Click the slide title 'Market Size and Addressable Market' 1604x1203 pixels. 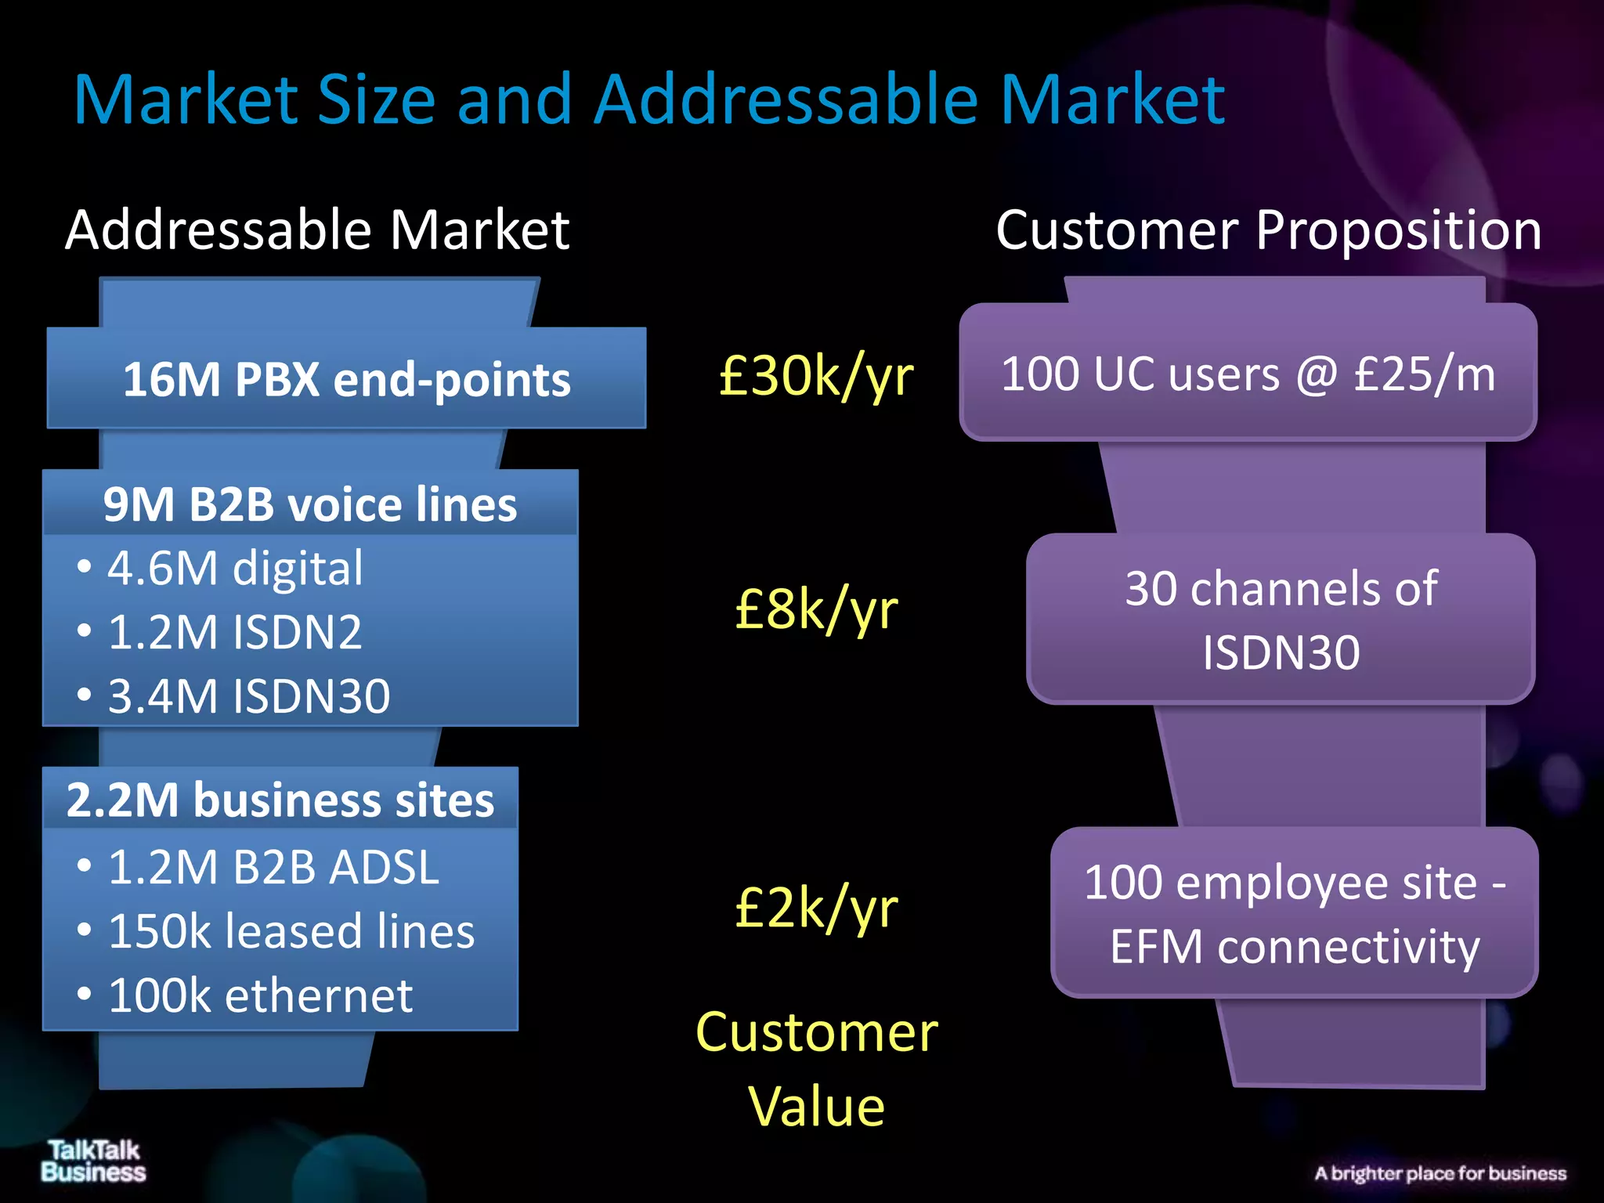coord(648,100)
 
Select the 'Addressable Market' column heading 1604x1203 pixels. coord(317,230)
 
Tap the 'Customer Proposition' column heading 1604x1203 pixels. coord(1268,230)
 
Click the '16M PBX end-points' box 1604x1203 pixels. coord(346,379)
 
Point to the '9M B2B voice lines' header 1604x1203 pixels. coord(310,504)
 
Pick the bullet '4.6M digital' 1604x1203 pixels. coord(235,568)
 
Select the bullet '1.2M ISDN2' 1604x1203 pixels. coord(235,632)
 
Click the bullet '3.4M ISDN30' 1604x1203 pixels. coord(248,696)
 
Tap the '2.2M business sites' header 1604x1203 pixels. coord(280,800)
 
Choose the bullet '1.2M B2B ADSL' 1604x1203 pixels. coord(273,867)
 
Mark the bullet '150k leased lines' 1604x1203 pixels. coord(291,931)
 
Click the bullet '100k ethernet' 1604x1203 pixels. coord(260,995)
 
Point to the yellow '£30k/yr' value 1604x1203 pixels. coord(816,377)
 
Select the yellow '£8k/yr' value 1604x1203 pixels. coord(816,609)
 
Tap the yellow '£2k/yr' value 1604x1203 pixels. coord(816,909)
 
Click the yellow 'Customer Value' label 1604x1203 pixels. coord(816,1068)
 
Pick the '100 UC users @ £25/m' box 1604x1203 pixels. coord(1248,374)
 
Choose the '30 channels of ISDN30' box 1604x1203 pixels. coord(1281,620)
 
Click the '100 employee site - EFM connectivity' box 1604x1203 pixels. coord(1294,913)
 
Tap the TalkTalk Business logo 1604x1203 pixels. coord(93,1161)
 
